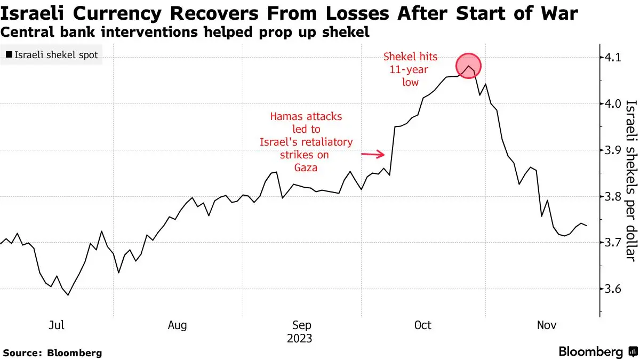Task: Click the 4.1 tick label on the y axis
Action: tap(613, 58)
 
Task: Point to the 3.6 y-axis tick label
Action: tap(613, 289)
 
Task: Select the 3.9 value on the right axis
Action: tap(613, 150)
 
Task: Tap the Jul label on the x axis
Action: tap(57, 325)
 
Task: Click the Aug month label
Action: tap(177, 325)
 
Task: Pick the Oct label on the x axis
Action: tap(422, 325)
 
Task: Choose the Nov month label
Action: tap(547, 325)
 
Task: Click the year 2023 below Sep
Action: tap(299, 339)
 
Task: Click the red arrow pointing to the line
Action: tap(373, 154)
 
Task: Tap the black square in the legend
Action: tap(9, 54)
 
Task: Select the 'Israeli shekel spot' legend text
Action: tap(56, 55)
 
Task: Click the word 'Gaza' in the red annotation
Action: tap(306, 167)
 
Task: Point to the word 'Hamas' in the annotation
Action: tap(286, 117)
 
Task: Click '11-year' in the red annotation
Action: tap(409, 70)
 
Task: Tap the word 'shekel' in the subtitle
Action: tap(346, 31)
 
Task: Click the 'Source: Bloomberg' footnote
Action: tap(53, 353)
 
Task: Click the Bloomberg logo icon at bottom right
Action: tap(633, 351)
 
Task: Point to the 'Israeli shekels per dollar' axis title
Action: tap(631, 181)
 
